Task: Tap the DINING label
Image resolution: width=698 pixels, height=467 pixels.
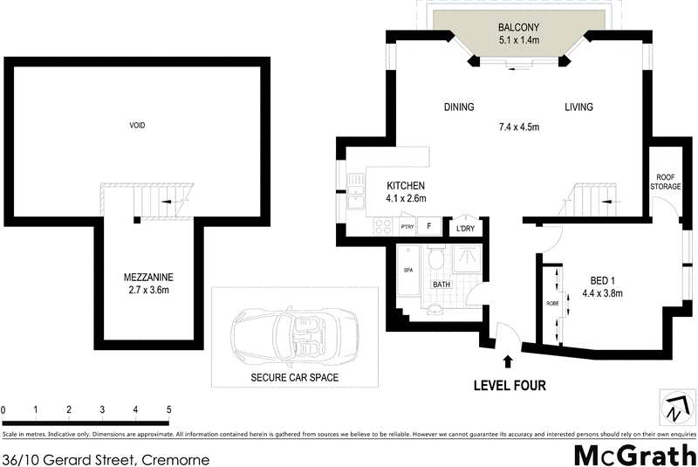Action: coord(459,107)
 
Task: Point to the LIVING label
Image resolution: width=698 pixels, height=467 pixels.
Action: coord(578,107)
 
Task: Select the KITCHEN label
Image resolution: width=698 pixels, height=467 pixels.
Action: coord(406,186)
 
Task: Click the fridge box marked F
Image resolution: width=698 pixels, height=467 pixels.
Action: coord(428,226)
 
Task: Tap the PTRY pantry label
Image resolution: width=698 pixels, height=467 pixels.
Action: coord(407,227)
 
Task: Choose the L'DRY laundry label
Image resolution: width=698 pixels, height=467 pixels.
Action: coord(464,230)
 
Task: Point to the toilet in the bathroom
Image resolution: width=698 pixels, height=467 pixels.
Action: coord(438,259)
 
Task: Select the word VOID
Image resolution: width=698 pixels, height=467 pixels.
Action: coord(137,126)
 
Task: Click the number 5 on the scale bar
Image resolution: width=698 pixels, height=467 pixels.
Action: coord(168,409)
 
